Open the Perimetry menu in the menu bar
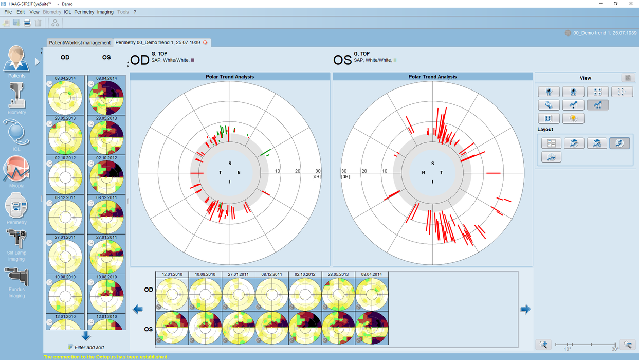coord(84,12)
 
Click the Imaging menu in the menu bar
coord(105,12)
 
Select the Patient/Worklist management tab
coord(80,43)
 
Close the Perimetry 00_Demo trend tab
coord(206,43)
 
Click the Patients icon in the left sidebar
coord(16,61)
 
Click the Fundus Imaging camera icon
coord(16,279)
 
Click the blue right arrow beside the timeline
coord(525,309)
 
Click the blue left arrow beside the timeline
coord(138,309)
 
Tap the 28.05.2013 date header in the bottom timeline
coord(338,275)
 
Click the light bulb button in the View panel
coord(573,118)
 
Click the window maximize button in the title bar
coord(615,4)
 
